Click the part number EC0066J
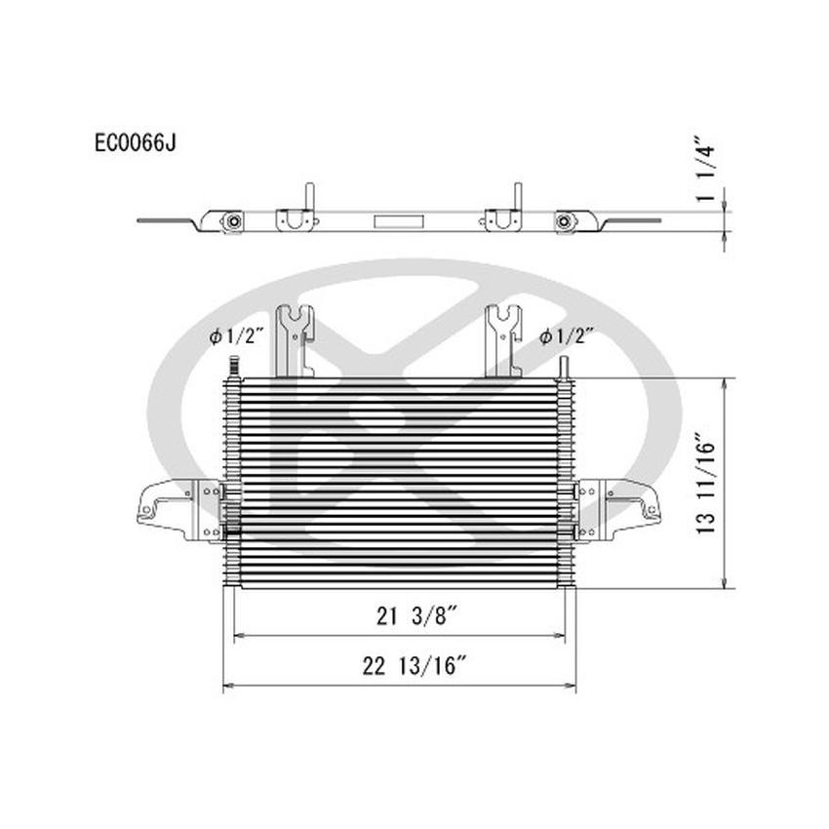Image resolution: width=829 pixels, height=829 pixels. pyautogui.click(x=135, y=143)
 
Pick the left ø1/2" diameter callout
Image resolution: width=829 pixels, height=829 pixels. pyautogui.click(x=237, y=336)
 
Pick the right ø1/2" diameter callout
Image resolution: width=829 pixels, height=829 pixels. pyautogui.click(x=569, y=336)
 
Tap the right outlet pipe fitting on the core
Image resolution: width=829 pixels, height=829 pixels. pyautogui.click(x=564, y=368)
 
